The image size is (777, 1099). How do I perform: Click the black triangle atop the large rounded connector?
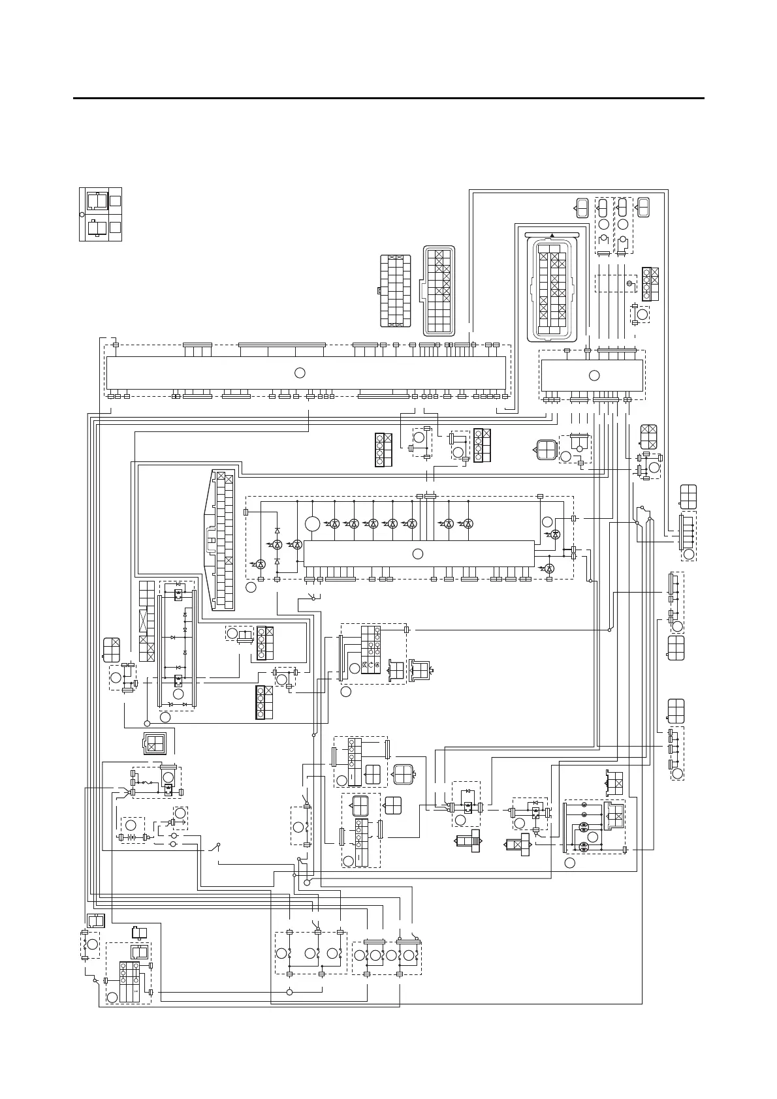coord(552,236)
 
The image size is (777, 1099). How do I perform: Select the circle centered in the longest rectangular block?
coord(300,373)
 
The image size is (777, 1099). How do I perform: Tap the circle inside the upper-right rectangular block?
coord(594,375)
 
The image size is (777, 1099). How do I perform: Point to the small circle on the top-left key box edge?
coord(82,214)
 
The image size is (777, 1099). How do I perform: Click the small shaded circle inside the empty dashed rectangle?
coord(629,284)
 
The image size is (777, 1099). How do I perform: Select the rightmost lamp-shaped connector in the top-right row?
coord(643,208)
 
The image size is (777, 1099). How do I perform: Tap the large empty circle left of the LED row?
coord(312,523)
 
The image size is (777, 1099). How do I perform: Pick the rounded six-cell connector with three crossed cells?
coord(649,437)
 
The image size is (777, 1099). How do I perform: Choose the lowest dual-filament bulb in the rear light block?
coord(584,846)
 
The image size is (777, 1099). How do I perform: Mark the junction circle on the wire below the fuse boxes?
coord(289,993)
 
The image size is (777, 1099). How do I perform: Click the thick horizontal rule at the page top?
coord(388,99)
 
